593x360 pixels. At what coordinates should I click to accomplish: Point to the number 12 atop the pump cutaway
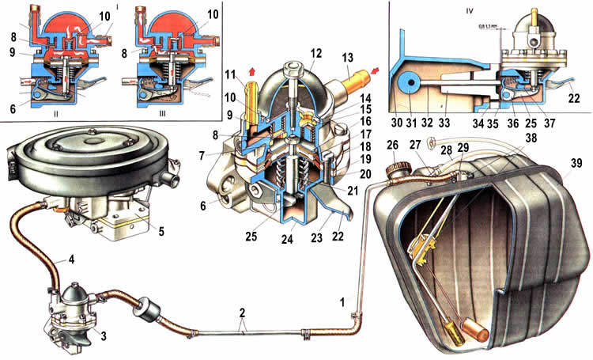coord(293,54)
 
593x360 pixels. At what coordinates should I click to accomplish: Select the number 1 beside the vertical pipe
coord(342,302)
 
